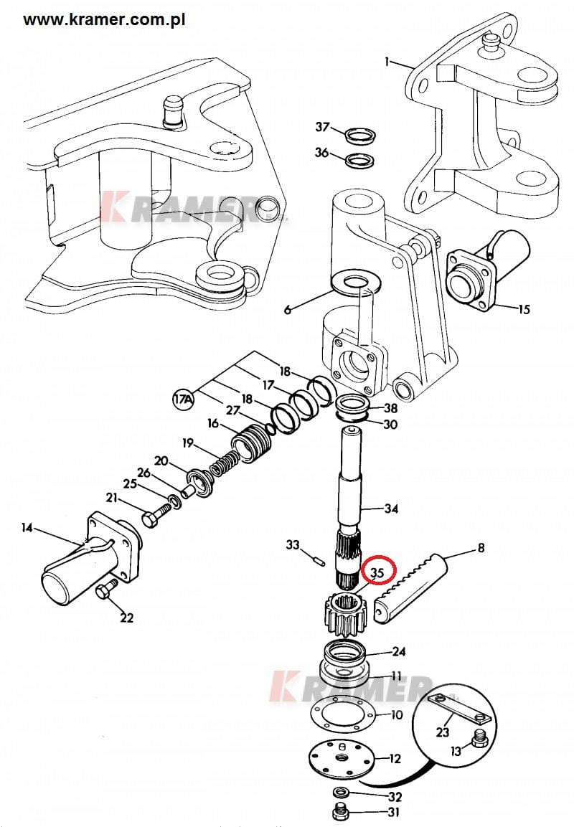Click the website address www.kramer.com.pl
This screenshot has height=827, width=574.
point(104,19)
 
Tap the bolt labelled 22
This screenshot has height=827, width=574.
point(105,591)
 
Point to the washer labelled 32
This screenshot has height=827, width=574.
point(340,793)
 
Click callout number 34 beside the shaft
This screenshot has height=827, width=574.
point(391,509)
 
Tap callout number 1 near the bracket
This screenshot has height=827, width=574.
point(387,62)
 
